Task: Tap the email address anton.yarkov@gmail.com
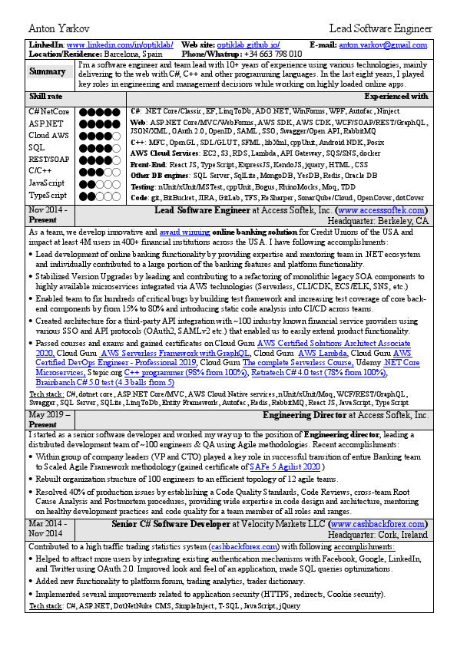click(x=383, y=46)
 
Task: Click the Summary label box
click(x=48, y=72)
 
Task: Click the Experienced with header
click(x=396, y=97)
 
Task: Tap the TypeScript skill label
click(x=47, y=196)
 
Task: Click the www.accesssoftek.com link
click(x=381, y=209)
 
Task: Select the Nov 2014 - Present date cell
click(x=48, y=214)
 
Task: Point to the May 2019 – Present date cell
click(x=48, y=419)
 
